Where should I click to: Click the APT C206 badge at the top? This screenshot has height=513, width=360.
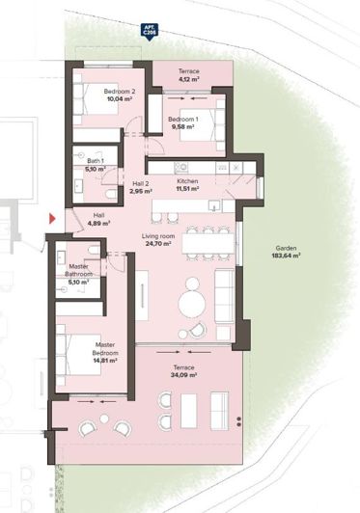pyautogui.click(x=150, y=30)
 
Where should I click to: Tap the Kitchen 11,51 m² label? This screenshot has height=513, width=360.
pyautogui.click(x=187, y=185)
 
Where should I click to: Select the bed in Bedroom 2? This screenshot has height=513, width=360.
pyautogui.click(x=96, y=109)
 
